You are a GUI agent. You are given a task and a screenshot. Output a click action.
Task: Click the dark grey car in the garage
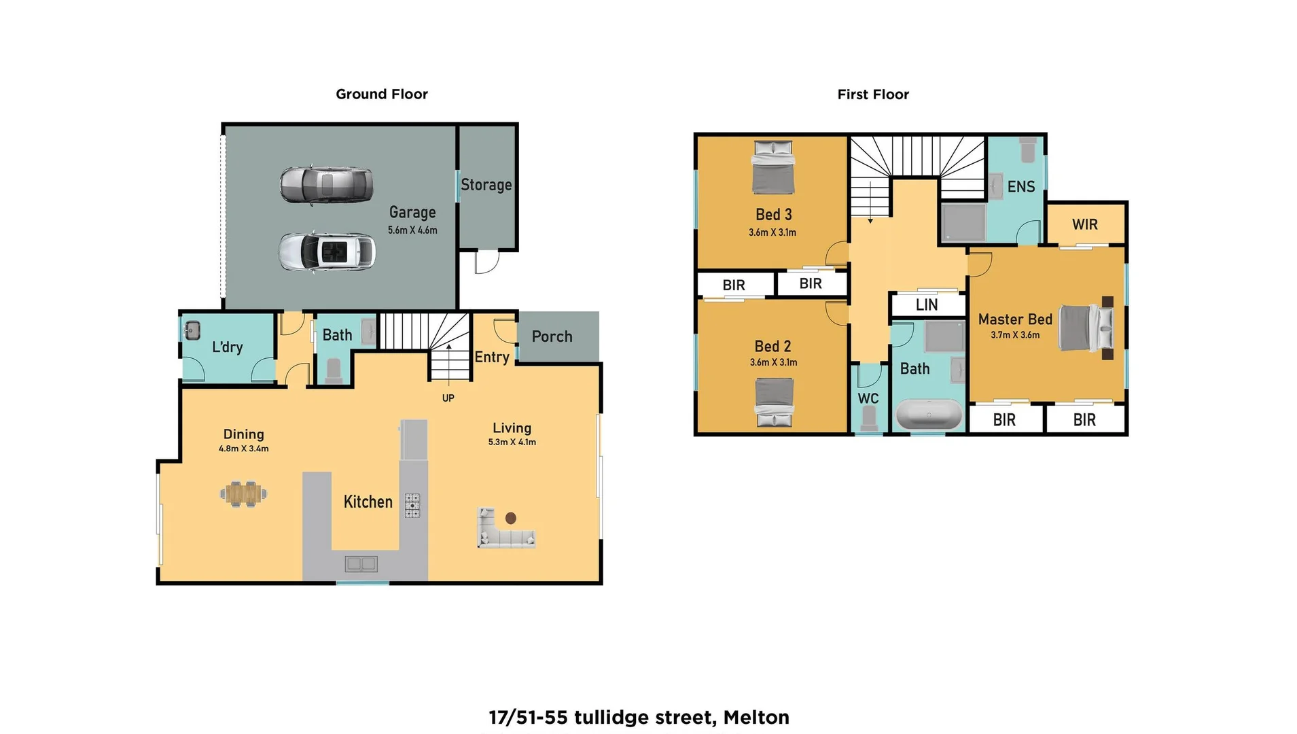(326, 185)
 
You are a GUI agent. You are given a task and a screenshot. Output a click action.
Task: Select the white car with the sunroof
(327, 252)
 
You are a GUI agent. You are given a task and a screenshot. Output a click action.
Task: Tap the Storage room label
(486, 185)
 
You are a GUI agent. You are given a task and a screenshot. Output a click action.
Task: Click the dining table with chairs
(243, 494)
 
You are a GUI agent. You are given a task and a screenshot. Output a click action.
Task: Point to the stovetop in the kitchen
(412, 506)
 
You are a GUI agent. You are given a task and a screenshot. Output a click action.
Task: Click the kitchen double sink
(361, 563)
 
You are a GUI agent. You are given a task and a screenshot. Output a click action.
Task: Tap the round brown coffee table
(511, 519)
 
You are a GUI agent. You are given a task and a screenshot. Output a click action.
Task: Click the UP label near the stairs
(448, 398)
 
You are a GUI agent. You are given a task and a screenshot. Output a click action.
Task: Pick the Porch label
(552, 336)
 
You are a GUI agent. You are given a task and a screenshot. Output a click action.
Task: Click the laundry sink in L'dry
(192, 331)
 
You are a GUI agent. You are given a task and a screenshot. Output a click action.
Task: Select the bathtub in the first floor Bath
(929, 414)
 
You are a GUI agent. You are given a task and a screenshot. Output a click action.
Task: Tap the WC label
(868, 399)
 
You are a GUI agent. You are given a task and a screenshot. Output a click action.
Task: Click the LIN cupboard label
(927, 305)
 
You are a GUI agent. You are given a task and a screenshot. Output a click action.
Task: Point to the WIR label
(1085, 225)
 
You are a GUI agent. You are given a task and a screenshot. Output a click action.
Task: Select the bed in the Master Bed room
(1086, 329)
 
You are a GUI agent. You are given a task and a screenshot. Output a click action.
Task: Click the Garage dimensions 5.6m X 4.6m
(412, 230)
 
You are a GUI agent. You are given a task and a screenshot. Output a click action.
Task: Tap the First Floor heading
(872, 94)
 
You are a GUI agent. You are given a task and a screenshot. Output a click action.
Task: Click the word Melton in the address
(756, 718)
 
